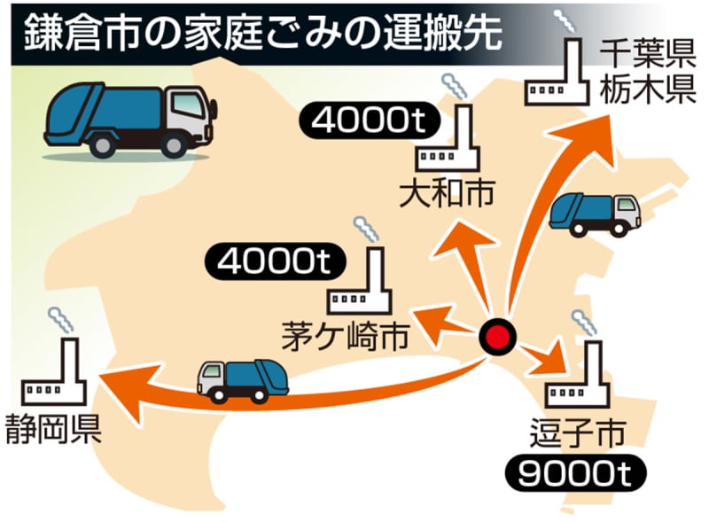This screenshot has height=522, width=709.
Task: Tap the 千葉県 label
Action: [x=646, y=55]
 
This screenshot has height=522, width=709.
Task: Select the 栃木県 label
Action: [x=646, y=91]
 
